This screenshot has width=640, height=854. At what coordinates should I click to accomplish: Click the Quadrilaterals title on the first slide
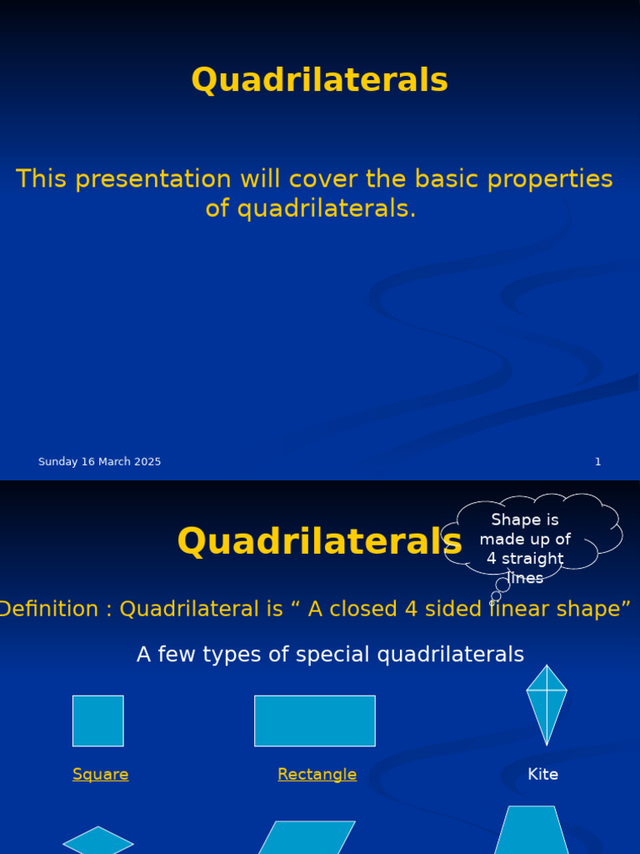319,81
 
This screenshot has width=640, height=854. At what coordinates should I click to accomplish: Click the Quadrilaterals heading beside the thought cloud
319,541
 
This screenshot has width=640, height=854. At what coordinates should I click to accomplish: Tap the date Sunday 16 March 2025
99,462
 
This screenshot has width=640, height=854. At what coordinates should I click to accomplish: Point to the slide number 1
597,462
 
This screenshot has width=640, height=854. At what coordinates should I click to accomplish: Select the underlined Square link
100,775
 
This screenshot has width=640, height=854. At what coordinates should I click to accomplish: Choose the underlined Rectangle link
317,775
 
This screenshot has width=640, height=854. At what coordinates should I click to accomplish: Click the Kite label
542,775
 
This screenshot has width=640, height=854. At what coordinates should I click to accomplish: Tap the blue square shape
97,721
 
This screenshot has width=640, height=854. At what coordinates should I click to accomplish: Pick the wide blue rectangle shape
314,721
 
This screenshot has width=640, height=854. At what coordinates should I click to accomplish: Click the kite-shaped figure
547,704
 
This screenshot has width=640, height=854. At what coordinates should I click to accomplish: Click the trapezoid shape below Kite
532,832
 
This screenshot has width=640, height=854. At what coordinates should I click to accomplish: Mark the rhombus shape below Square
98,841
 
